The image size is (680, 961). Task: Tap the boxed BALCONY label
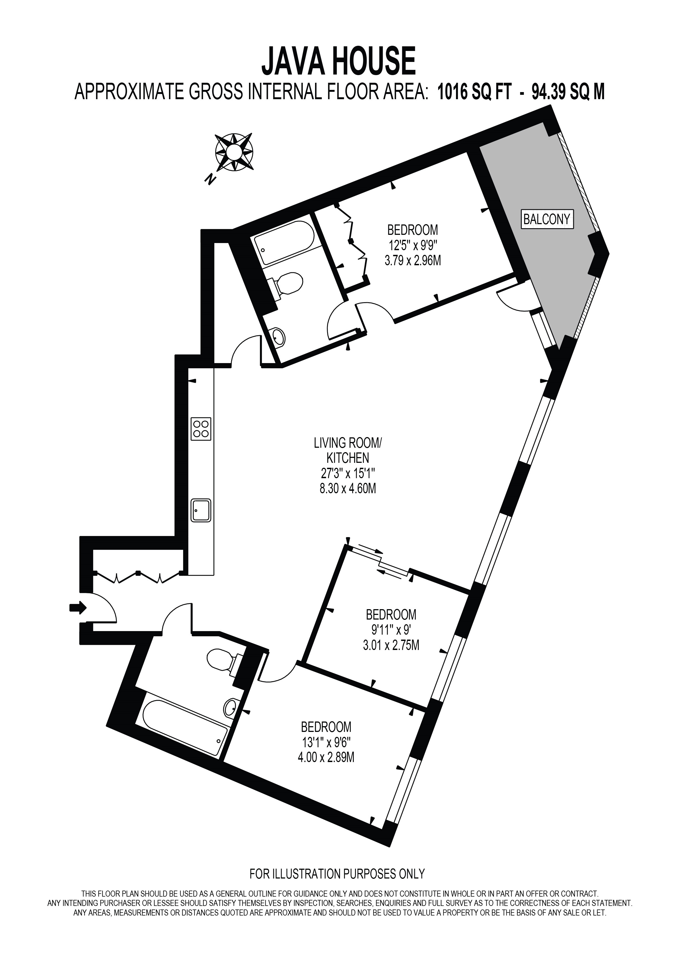pyautogui.click(x=547, y=219)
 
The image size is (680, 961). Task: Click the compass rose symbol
pyautogui.click(x=234, y=152)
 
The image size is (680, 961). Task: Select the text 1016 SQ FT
pyautogui.click(x=474, y=92)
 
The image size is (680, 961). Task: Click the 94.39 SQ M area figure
pyautogui.click(x=568, y=92)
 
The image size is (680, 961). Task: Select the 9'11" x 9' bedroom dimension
pyautogui.click(x=391, y=629)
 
